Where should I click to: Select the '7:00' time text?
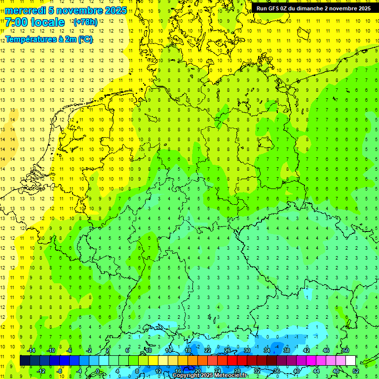(x=16, y=22)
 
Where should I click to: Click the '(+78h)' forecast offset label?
(x=85, y=22)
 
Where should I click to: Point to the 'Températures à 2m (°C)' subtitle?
(x=49, y=39)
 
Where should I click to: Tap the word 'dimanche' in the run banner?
(x=308, y=8)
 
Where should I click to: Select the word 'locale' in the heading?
(x=47, y=22)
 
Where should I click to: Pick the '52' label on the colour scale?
(x=355, y=371)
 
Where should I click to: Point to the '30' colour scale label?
(x=247, y=350)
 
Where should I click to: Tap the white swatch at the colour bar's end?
(x=350, y=361)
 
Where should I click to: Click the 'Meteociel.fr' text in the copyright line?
(x=230, y=376)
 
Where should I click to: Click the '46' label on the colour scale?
(x=326, y=350)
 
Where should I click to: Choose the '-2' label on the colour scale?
(x=89, y=350)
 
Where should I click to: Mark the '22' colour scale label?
(x=208, y=350)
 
